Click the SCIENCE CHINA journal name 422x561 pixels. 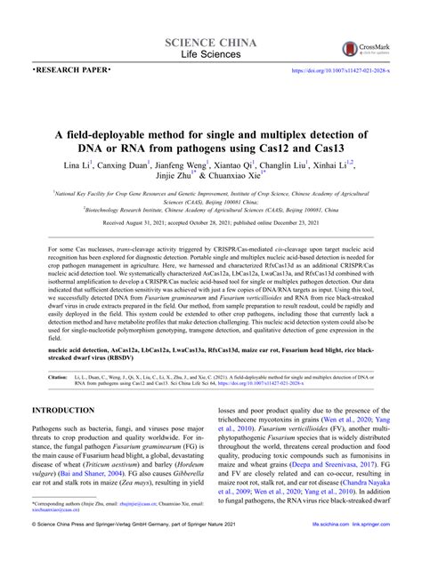click(210, 43)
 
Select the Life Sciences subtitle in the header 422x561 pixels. click(210, 55)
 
